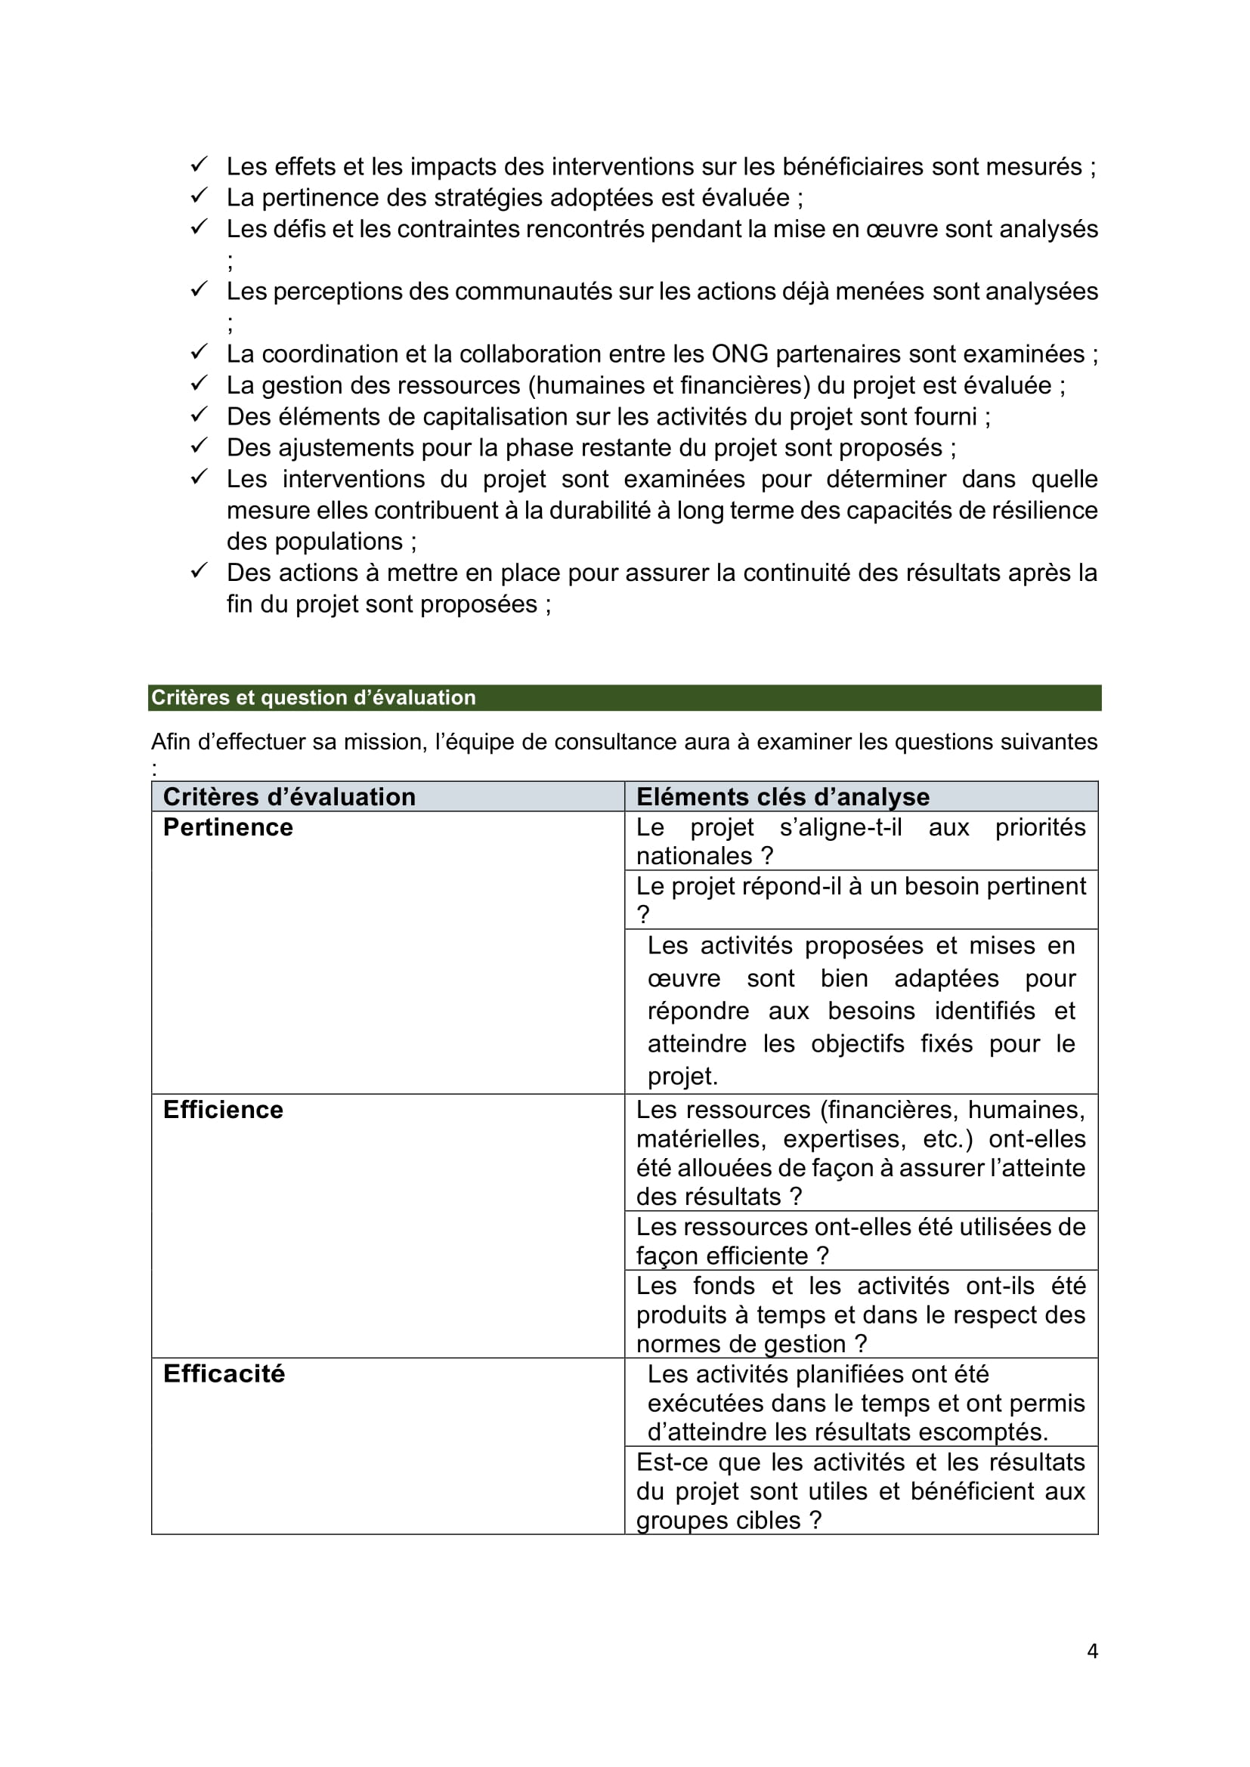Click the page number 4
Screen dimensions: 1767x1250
coord(1091,1651)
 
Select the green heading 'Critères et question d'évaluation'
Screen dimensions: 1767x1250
coord(314,697)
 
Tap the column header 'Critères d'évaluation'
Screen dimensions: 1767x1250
coord(289,796)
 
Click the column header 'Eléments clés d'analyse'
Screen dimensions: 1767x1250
coord(783,796)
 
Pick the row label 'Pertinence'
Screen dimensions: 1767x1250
coord(227,827)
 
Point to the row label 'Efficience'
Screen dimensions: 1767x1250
coord(223,1110)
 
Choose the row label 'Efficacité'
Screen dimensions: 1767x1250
coord(224,1373)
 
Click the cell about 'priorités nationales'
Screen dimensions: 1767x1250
coord(861,841)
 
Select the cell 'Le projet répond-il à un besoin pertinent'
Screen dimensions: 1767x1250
coord(861,900)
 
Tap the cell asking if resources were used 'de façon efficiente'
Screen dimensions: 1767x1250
coord(861,1240)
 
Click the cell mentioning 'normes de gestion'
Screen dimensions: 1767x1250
coord(861,1314)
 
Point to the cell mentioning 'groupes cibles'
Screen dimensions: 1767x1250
coord(861,1491)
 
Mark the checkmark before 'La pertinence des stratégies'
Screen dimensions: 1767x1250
coord(199,196)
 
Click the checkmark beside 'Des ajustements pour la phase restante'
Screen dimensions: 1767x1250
coord(199,446)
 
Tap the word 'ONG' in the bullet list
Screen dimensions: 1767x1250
coord(740,354)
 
